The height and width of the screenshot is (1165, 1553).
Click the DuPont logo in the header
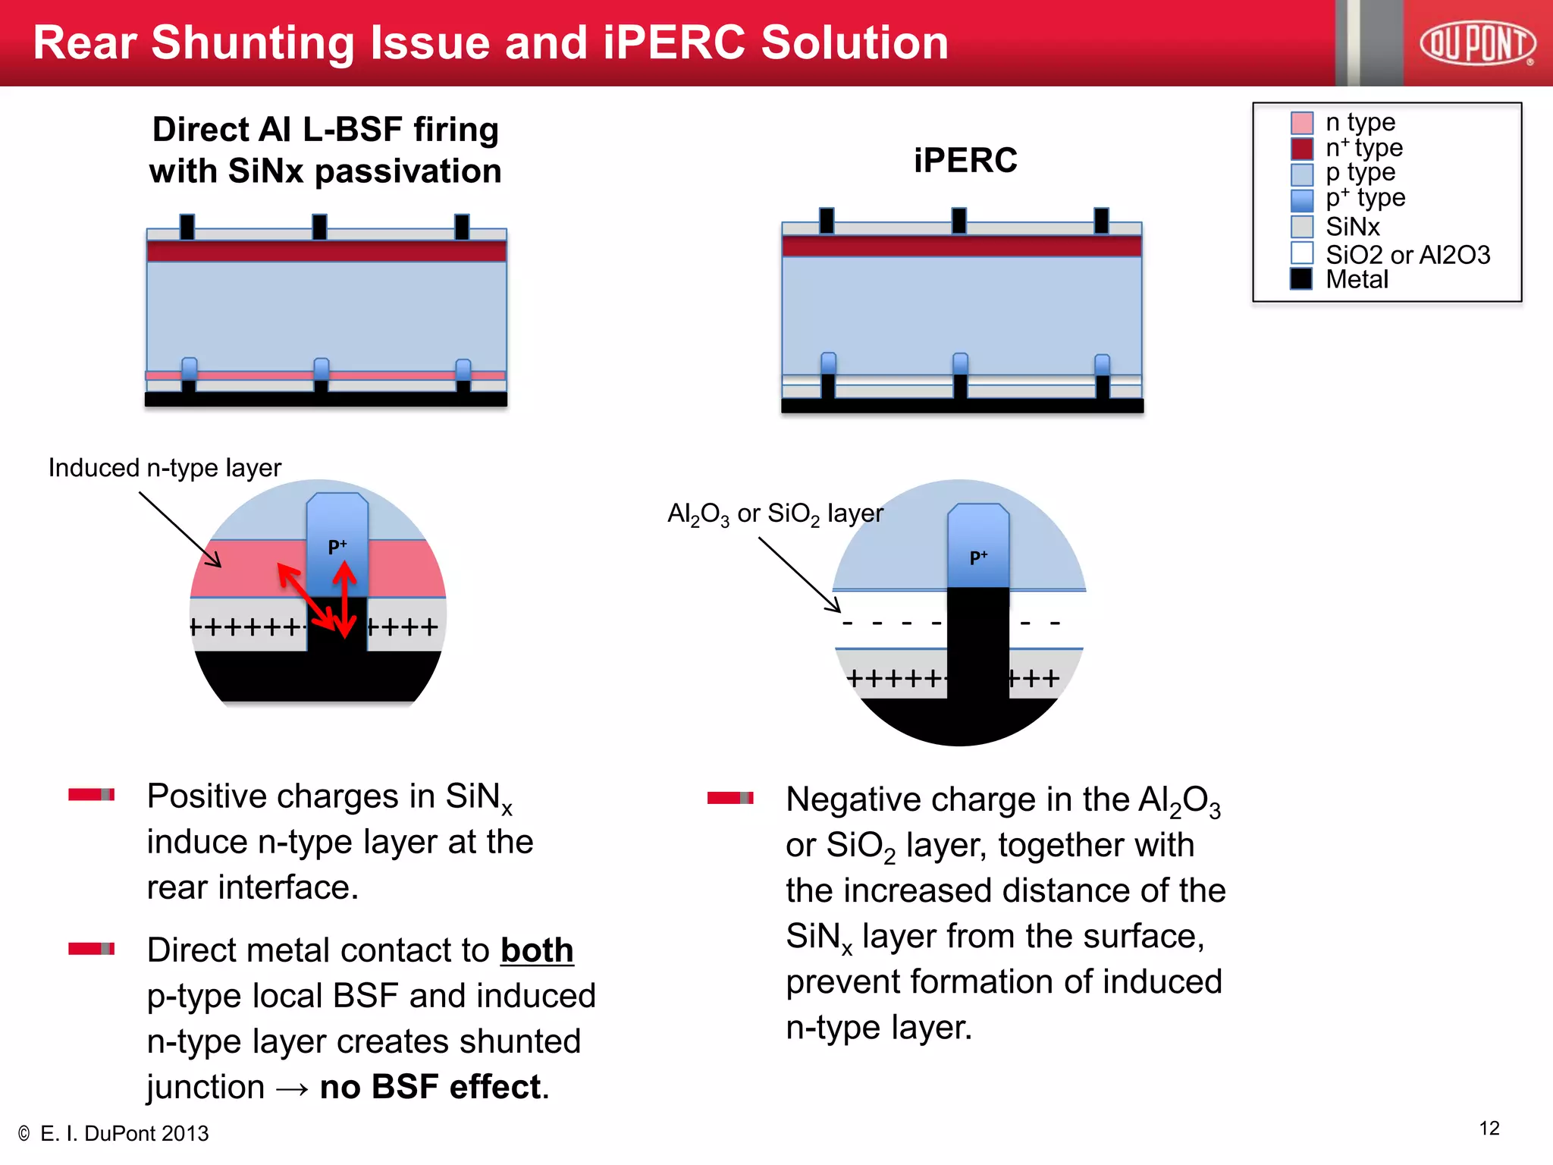[1477, 43]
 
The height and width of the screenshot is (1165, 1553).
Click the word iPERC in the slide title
[675, 42]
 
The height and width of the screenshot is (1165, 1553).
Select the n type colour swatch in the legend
[1301, 122]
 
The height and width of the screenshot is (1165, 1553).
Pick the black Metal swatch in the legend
[1301, 279]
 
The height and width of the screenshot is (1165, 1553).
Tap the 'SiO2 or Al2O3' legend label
[1407, 255]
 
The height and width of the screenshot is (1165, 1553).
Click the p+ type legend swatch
[1301, 200]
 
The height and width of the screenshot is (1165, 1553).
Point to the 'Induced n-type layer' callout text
[165, 468]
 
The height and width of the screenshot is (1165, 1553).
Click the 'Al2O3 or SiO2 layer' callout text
[775, 514]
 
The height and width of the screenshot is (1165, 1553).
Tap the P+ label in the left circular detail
[337, 546]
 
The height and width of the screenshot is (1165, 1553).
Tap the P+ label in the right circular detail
[979, 557]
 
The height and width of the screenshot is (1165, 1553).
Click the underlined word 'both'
[537, 951]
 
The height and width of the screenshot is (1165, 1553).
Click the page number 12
[1489, 1129]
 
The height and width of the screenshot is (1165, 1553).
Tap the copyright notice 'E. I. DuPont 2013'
[124, 1134]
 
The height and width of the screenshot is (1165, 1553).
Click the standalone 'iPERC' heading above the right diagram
[965, 160]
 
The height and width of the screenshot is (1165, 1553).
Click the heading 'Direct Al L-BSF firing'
[325, 130]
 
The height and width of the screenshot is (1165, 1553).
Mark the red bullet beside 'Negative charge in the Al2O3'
[729, 797]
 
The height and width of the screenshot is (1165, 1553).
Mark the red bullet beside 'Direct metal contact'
[91, 949]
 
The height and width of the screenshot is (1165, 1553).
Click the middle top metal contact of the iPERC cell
[959, 221]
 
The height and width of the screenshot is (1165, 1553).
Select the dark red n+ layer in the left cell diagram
[326, 251]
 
